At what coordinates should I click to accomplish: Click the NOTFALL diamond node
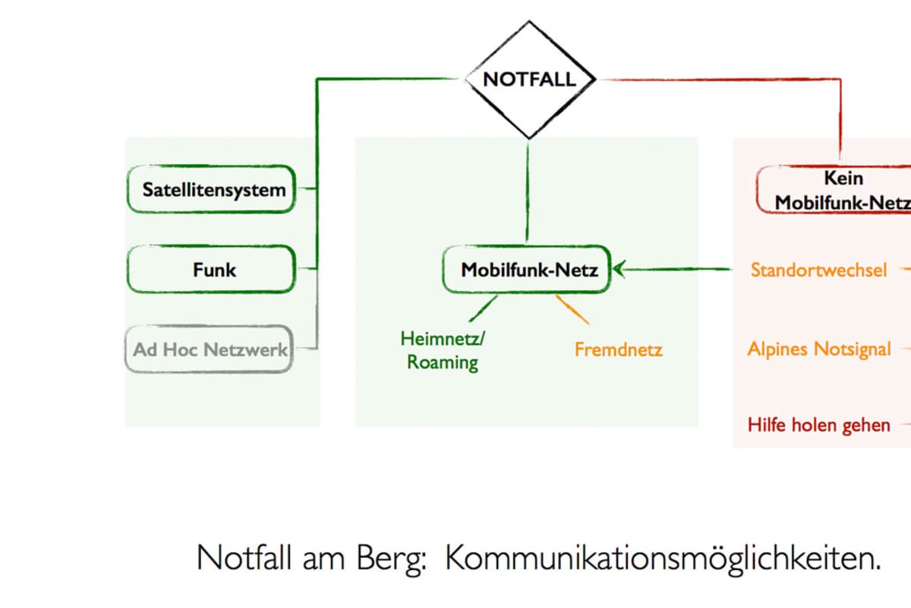(529, 79)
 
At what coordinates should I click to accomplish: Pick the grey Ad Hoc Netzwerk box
(210, 350)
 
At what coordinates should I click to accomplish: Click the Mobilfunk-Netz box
(528, 269)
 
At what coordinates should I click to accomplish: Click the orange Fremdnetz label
(618, 350)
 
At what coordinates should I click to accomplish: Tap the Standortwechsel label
(818, 270)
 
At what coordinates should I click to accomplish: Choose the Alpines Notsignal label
(818, 350)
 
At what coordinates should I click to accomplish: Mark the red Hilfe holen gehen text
(818, 424)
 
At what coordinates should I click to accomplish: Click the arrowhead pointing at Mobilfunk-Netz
(619, 268)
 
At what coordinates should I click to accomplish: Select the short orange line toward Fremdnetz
(573, 309)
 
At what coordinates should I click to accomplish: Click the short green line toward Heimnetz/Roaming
(483, 309)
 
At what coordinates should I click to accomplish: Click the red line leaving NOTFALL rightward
(721, 79)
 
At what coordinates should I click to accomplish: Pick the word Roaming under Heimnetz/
(443, 362)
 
